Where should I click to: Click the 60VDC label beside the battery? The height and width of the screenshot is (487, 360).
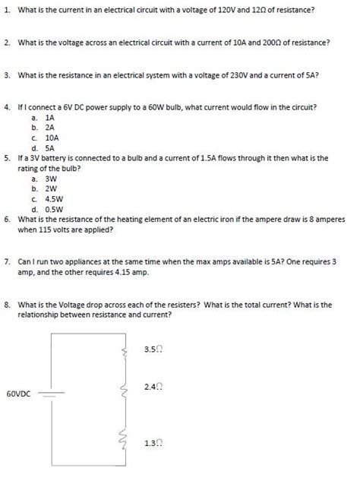pyautogui.click(x=18, y=394)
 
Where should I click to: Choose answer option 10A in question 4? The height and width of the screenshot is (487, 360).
pyautogui.click(x=52, y=138)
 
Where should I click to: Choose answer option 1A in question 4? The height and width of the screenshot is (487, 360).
pyautogui.click(x=50, y=119)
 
